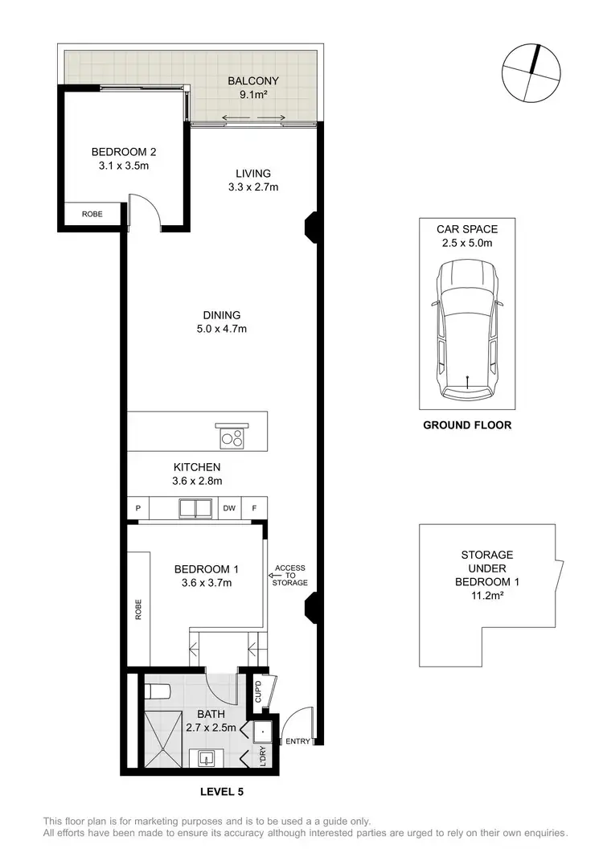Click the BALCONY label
click(252, 81)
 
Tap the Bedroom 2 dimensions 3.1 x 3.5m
click(121, 166)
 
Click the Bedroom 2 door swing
click(145, 212)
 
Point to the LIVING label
click(252, 173)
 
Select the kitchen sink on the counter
click(194, 508)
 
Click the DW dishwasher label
click(228, 508)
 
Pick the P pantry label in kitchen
click(138, 508)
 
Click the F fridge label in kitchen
click(254, 508)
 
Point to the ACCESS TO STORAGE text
click(290, 575)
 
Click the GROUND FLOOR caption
click(467, 425)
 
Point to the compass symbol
click(530, 72)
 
